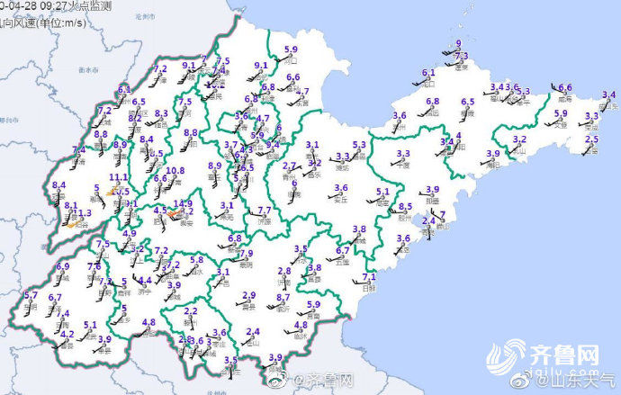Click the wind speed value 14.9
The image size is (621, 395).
click(x=184, y=203)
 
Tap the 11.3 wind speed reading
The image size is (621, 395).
click(x=82, y=213)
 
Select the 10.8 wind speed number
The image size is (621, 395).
click(x=175, y=170)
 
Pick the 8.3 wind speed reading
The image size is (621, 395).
click(x=162, y=113)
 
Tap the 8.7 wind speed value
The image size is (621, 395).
click(x=283, y=297)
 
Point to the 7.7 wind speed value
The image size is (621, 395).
click(x=265, y=211)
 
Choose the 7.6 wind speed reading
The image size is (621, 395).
click(x=94, y=266)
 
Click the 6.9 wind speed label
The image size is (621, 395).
click(x=63, y=266)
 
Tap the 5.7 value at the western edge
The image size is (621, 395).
click(x=31, y=296)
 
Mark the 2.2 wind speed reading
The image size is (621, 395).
click(x=191, y=311)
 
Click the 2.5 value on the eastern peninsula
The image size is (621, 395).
click(x=591, y=139)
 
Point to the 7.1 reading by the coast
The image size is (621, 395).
click(x=368, y=276)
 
